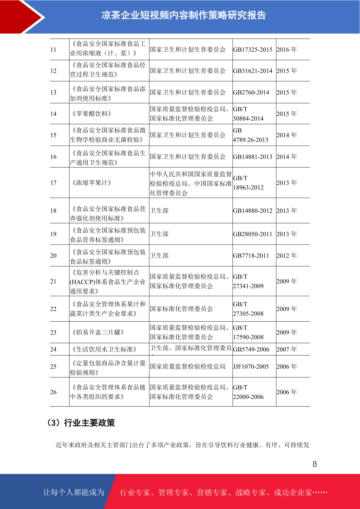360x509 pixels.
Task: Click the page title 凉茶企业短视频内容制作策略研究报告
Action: (183, 15)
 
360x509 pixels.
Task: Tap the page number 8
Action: (315, 464)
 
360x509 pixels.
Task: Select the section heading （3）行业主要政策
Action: (80, 423)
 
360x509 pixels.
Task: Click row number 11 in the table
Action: (54, 50)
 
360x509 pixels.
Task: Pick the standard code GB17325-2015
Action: (253, 50)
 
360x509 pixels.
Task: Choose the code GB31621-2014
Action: (253, 71)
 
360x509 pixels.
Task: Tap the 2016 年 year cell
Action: (287, 50)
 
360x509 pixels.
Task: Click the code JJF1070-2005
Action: (251, 366)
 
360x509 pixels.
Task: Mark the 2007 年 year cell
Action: (287, 349)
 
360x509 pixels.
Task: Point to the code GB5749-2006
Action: (251, 349)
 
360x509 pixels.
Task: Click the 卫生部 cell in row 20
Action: (159, 255)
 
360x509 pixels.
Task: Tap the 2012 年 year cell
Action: (287, 255)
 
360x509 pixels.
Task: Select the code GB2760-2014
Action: (251, 92)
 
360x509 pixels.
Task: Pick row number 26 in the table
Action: (54, 392)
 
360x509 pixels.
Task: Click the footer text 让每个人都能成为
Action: (74, 492)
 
